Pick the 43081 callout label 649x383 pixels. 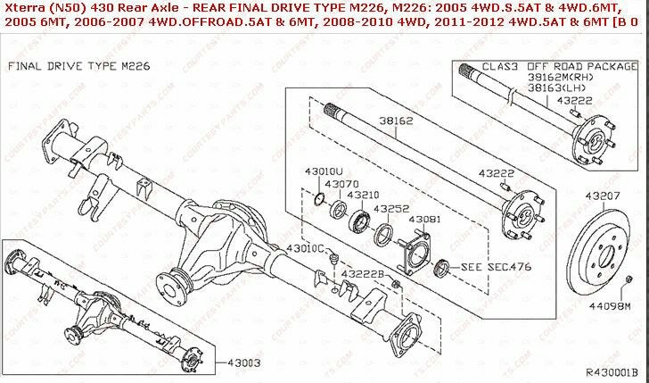[425, 219]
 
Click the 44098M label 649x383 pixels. [609, 306]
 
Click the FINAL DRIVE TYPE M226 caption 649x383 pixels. [66, 67]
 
